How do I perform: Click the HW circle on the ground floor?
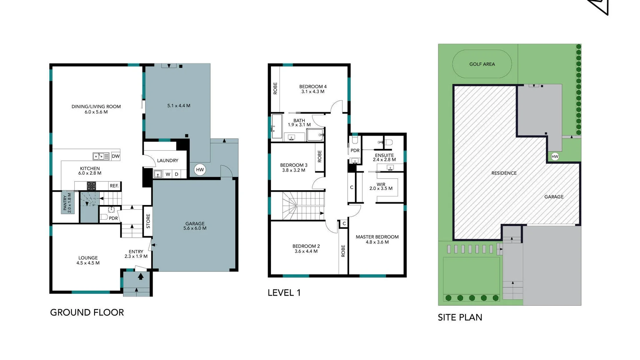coord(200,170)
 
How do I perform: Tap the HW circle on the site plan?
coord(555,156)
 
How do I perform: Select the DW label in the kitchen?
coord(116,156)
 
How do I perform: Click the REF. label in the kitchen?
coord(114,186)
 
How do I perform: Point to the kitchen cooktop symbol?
coord(91,186)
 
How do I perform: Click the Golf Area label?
coord(482,64)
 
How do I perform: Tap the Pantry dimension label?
coord(67,203)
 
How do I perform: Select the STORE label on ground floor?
coord(148,221)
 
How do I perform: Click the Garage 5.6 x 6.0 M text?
coord(195,226)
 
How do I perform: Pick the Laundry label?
coord(167,160)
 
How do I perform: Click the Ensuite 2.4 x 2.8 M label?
coord(384,157)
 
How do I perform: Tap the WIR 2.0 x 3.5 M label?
coord(381,186)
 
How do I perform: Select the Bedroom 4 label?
coord(313,89)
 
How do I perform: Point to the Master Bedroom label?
coord(377,239)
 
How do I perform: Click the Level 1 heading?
coord(284,293)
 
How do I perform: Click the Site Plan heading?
coord(460,317)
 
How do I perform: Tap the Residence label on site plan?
coord(504,173)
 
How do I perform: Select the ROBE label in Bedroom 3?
coord(319,156)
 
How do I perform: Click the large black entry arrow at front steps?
coord(141,276)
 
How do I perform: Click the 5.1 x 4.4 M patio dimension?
coord(179,106)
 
